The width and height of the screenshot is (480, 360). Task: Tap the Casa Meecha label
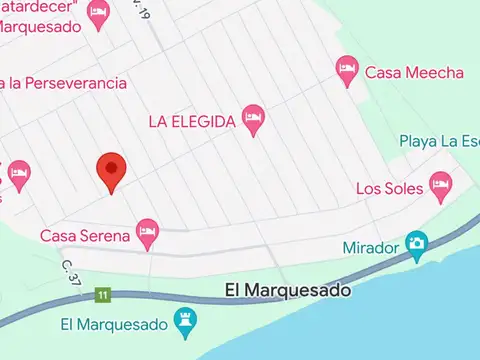[414, 72]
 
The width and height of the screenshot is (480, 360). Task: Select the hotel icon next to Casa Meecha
[346, 70]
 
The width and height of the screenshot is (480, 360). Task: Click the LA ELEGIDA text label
[192, 121]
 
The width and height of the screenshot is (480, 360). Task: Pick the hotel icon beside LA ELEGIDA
[254, 119]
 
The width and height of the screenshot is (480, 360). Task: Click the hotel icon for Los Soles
[440, 184]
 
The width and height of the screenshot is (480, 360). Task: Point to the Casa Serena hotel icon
[148, 234]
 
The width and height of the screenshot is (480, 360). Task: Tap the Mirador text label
[369, 247]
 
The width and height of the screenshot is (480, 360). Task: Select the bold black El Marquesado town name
[288, 291]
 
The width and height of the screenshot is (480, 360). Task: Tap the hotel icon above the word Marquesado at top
[97, 14]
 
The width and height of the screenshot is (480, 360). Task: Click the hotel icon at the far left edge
[17, 177]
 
